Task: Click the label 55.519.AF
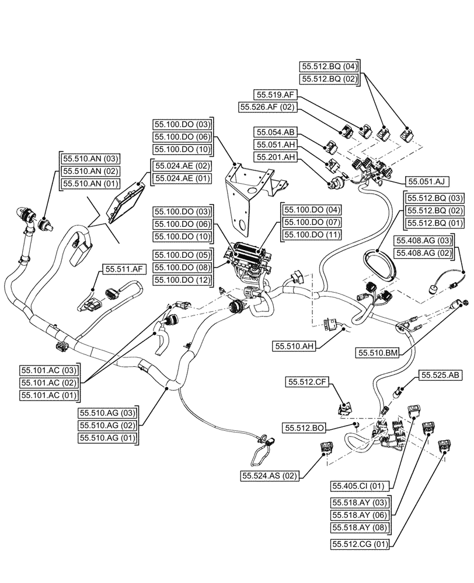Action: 276,94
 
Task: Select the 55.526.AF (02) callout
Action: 268,107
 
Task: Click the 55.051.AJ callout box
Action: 426,181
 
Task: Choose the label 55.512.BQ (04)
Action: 329,66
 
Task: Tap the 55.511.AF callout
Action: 124,269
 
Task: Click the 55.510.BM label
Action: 378,353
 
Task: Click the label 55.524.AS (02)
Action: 269,476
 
